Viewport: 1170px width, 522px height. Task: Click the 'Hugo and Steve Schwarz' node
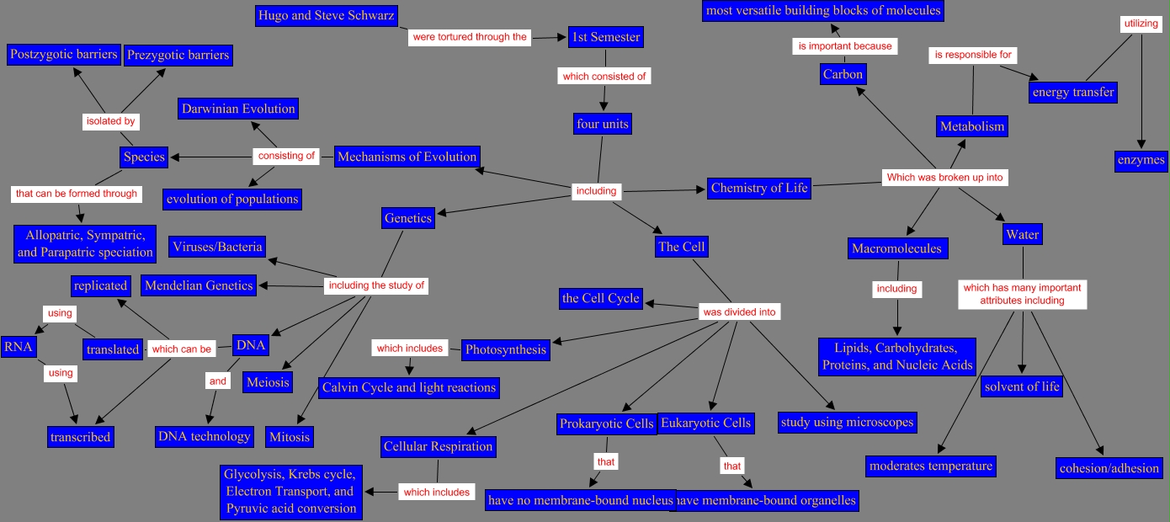coord(326,15)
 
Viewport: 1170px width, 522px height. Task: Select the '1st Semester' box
coord(606,37)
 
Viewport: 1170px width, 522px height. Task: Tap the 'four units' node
coord(603,124)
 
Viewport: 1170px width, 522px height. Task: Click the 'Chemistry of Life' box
coord(759,188)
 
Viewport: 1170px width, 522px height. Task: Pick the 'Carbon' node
coord(843,74)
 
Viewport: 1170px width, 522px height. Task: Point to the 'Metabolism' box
coord(972,126)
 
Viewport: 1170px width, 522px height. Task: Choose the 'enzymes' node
coord(1141,159)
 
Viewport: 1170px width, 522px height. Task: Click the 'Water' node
coord(1022,234)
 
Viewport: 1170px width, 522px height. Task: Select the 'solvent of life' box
coord(1022,386)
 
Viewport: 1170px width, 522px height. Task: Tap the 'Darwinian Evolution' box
coord(238,109)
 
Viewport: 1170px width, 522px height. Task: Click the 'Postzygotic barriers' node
coord(63,55)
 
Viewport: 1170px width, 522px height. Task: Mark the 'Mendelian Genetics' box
coord(199,285)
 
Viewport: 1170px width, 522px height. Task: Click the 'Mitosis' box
coord(290,437)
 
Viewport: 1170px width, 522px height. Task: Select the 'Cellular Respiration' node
coord(438,446)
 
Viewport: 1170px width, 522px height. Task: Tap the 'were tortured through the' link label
coord(470,37)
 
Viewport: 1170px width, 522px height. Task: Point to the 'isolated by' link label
coord(110,121)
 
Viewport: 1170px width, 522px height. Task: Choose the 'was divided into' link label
coord(739,312)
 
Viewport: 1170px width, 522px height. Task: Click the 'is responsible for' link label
coord(972,55)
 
